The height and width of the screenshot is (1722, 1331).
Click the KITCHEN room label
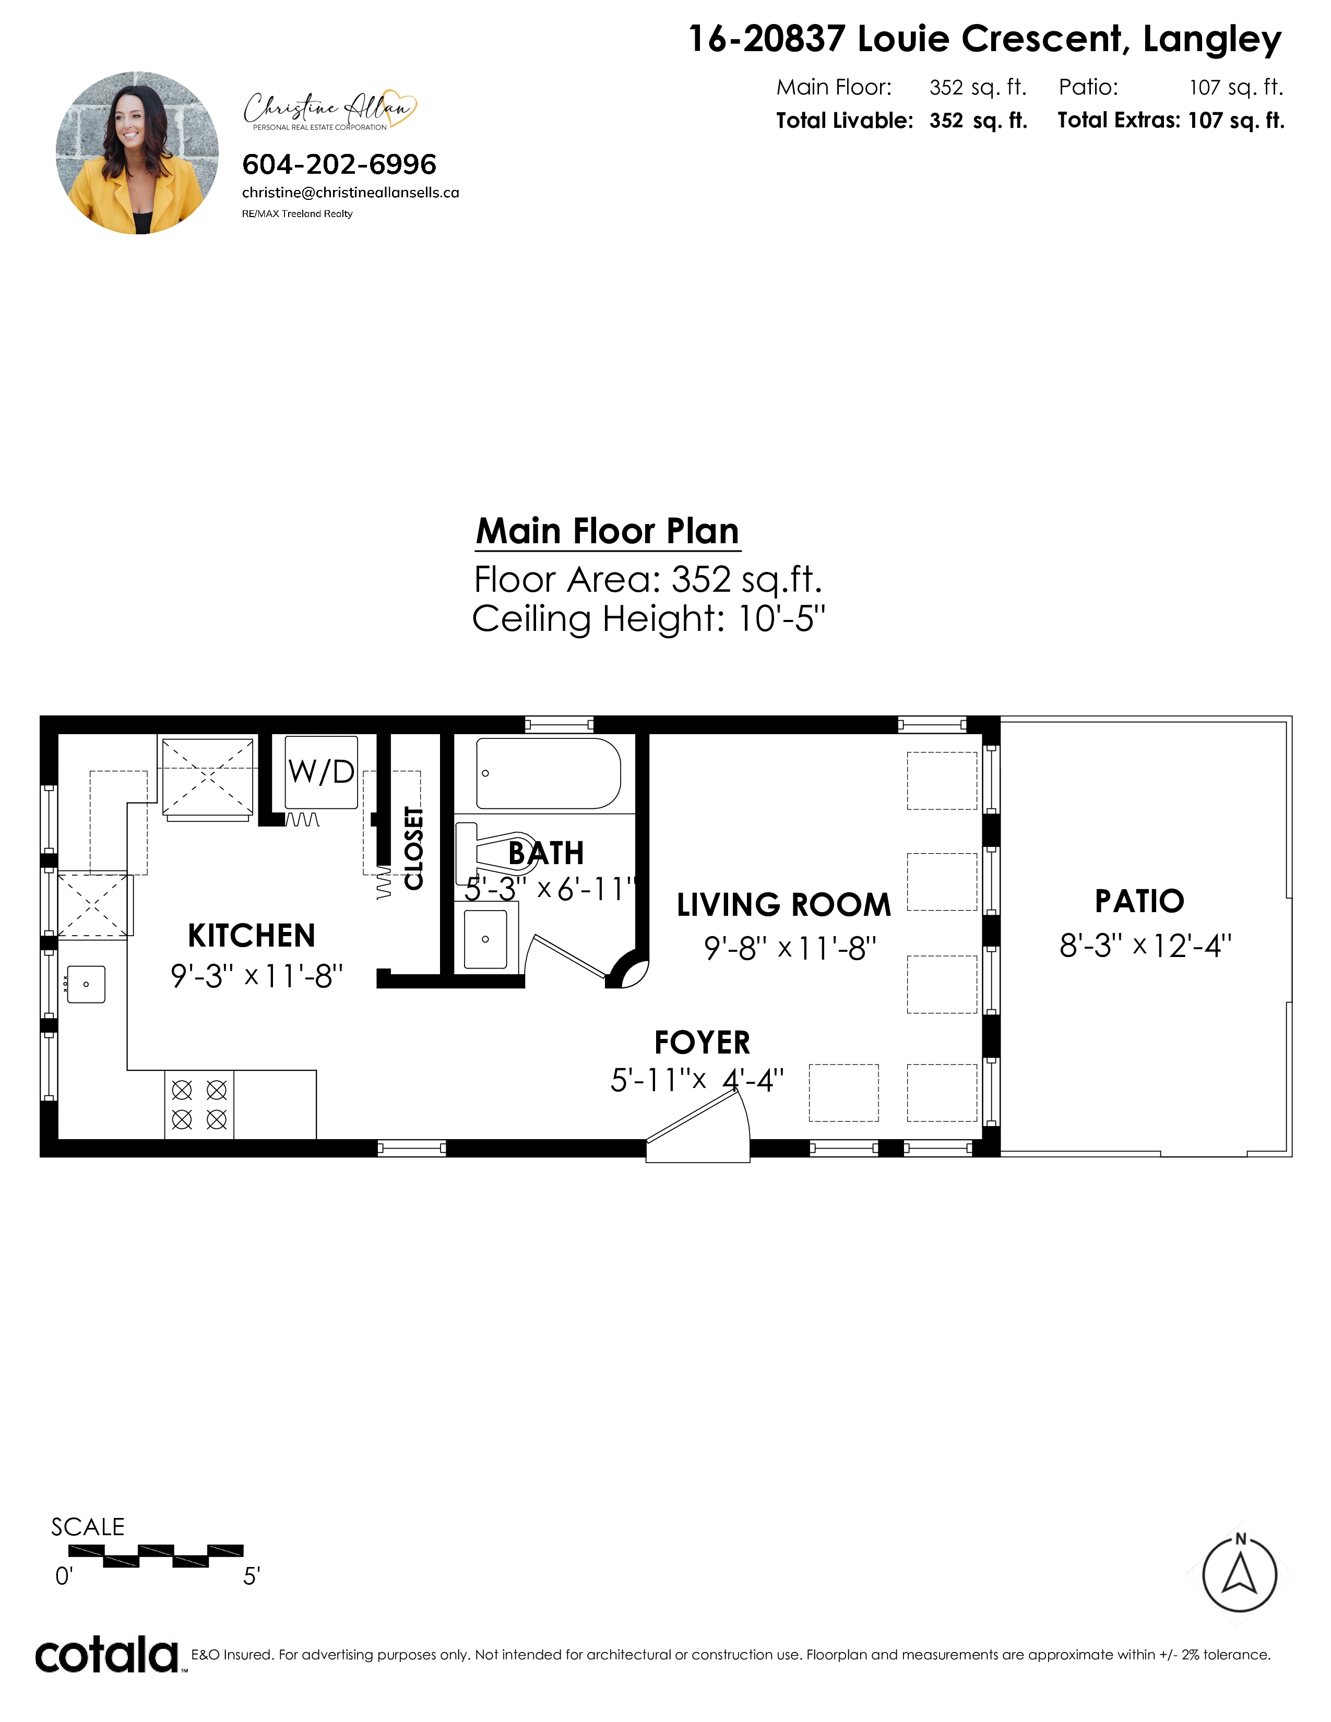252,936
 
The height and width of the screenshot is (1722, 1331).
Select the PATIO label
1139,901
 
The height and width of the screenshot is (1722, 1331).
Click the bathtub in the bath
548,773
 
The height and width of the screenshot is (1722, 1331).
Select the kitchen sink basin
86,984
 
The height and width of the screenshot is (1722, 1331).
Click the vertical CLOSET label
413,848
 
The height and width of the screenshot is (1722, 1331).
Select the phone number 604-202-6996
339,165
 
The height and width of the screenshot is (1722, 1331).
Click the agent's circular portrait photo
138,153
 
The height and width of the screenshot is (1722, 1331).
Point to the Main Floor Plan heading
608,531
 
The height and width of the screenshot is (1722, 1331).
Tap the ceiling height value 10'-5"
781,619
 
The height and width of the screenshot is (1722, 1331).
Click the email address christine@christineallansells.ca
351,193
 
